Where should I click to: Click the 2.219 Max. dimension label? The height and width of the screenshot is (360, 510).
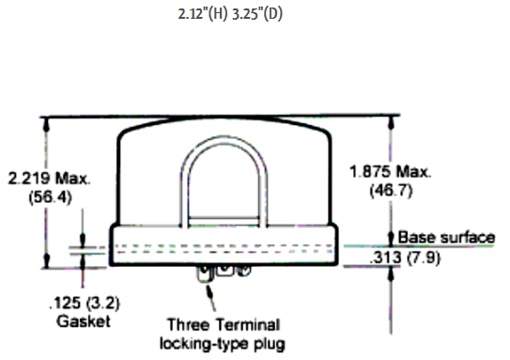(x=49, y=179)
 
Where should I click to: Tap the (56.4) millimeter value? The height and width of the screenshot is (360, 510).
(x=50, y=197)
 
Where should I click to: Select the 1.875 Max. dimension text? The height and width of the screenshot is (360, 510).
(x=391, y=171)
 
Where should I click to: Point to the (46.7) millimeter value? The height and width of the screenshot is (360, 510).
(x=392, y=190)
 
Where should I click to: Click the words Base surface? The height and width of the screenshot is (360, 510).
(x=446, y=237)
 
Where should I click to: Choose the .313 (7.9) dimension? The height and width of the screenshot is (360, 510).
(x=405, y=258)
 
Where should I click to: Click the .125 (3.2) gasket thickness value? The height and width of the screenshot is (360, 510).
(x=85, y=303)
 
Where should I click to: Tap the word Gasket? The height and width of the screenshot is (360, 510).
(x=84, y=321)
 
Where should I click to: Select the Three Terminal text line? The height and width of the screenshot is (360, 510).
(x=224, y=325)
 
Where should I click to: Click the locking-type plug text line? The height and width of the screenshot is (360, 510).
(x=223, y=344)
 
